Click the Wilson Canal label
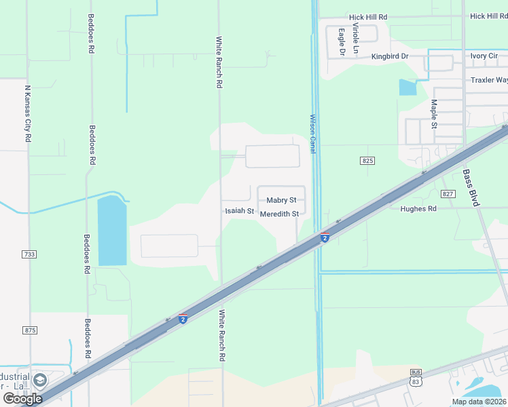click(x=313, y=134)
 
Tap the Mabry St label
click(x=281, y=200)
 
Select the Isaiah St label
click(x=239, y=211)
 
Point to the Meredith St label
click(x=280, y=214)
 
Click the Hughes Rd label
click(x=418, y=209)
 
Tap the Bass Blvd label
click(x=471, y=188)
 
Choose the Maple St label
click(x=433, y=113)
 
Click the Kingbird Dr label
click(x=390, y=56)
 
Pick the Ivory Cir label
click(x=484, y=56)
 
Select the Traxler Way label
click(x=489, y=80)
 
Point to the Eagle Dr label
click(x=342, y=41)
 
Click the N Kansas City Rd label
click(x=28, y=113)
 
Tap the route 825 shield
click(x=368, y=160)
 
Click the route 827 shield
click(x=447, y=194)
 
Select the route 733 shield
click(x=29, y=254)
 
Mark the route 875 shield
click(x=29, y=330)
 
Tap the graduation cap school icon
click(x=40, y=379)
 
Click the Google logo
click(x=22, y=399)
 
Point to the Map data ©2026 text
click(x=479, y=402)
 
